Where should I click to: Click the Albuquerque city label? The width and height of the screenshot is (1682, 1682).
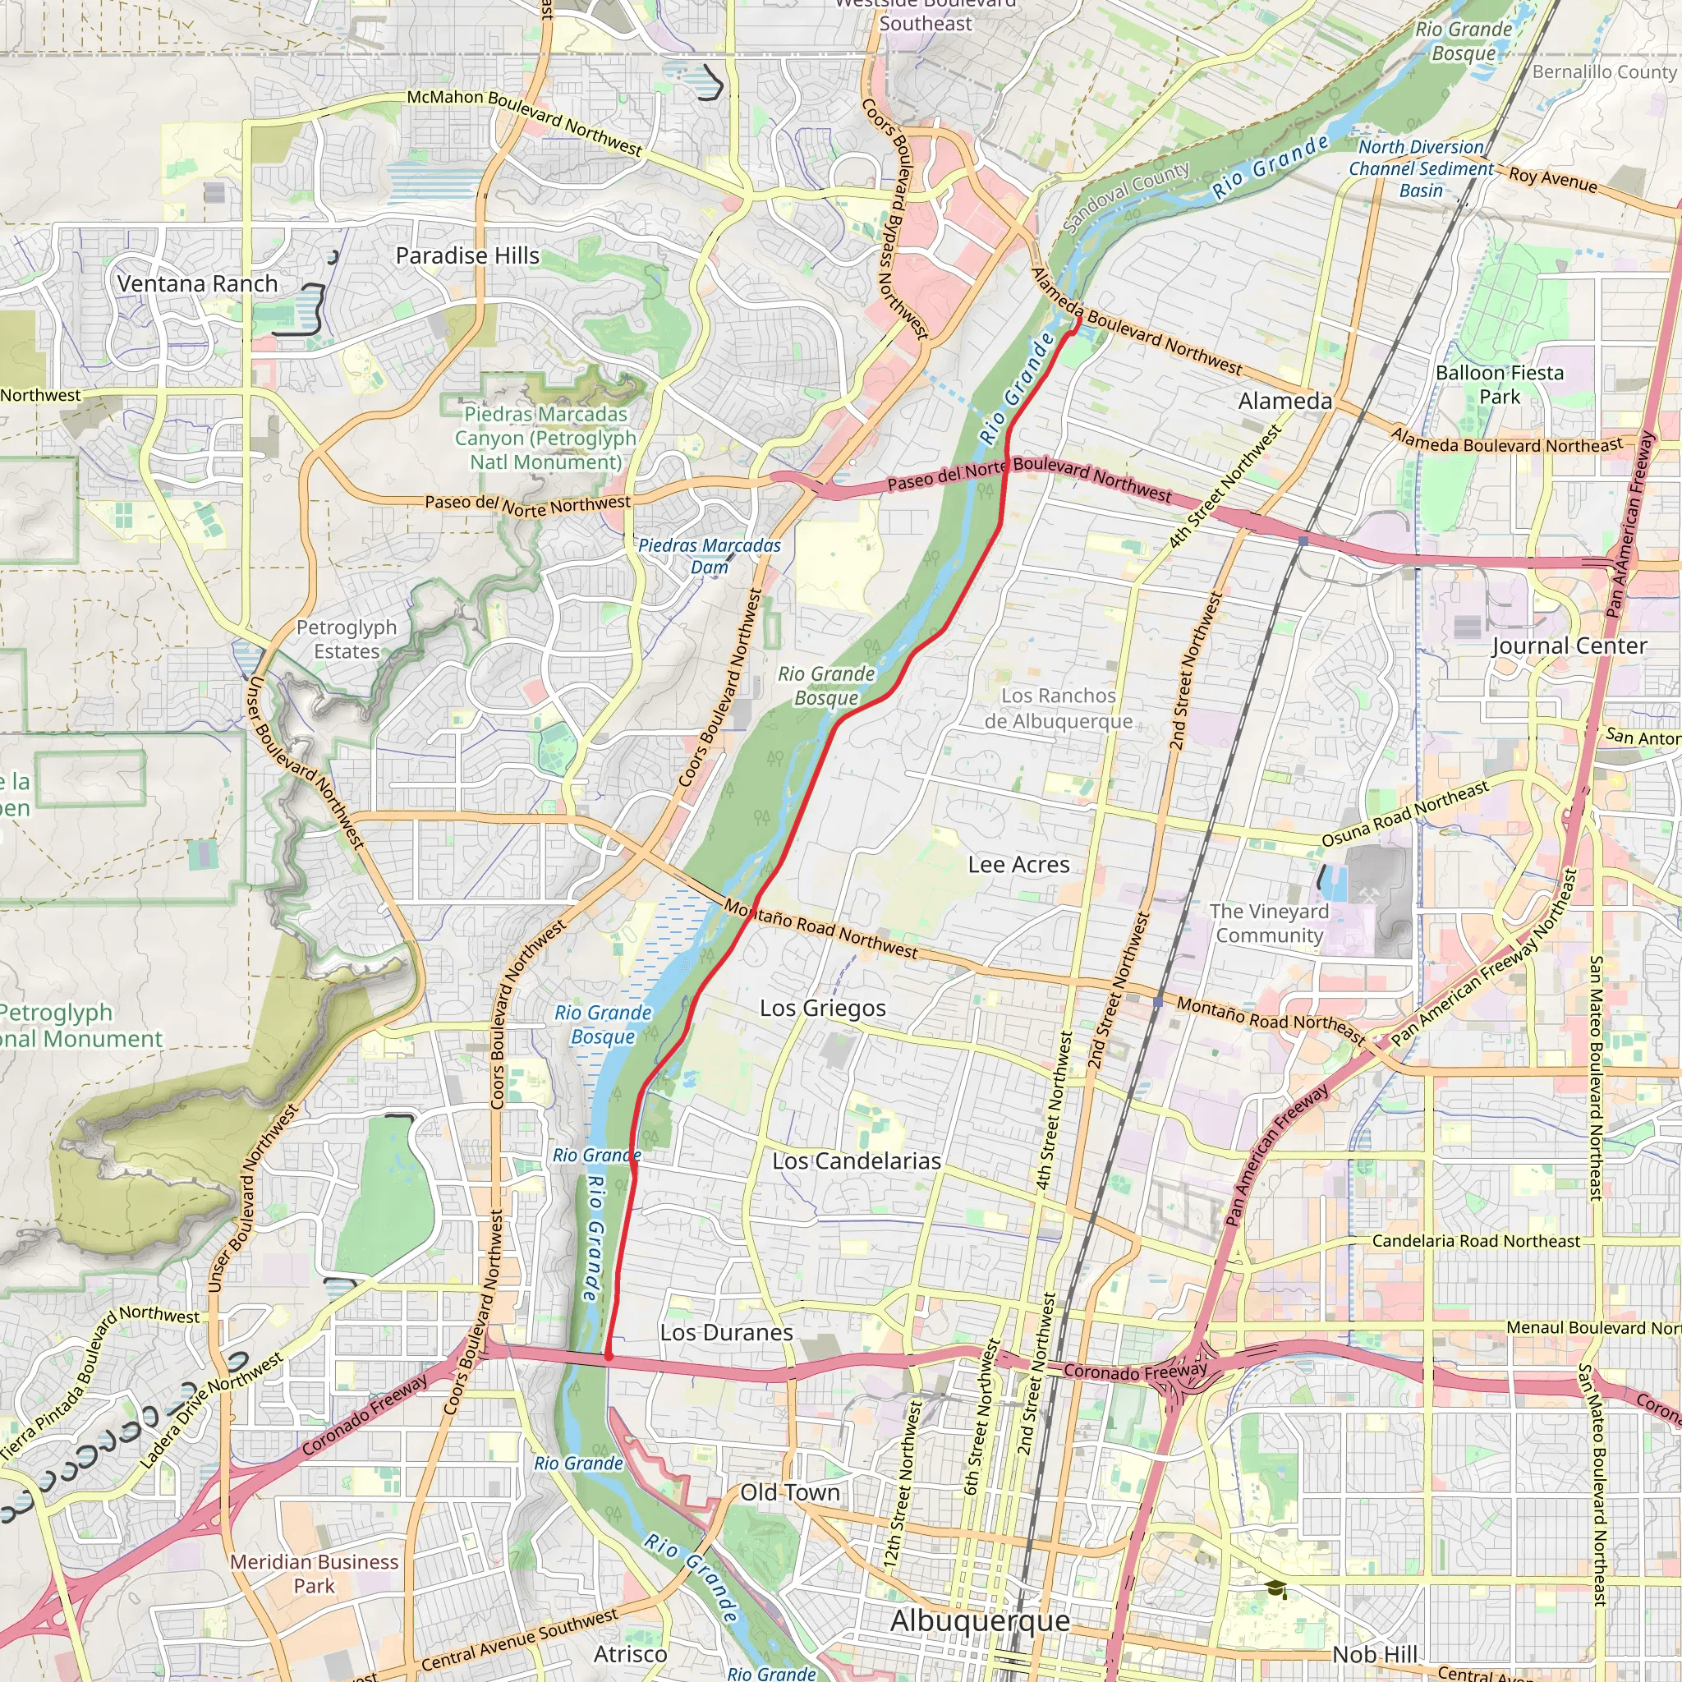pyautogui.click(x=980, y=1621)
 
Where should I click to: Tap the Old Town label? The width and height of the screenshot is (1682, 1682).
pyautogui.click(x=789, y=1492)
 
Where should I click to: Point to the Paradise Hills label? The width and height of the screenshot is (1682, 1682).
pyautogui.click(x=467, y=256)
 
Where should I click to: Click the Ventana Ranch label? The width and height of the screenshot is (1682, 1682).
pyautogui.click(x=198, y=284)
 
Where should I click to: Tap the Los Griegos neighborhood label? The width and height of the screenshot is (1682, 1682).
pyautogui.click(x=823, y=1009)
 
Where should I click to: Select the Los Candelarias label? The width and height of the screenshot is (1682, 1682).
pyautogui.click(x=857, y=1161)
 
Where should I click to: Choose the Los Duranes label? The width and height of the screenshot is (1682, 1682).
pyautogui.click(x=726, y=1333)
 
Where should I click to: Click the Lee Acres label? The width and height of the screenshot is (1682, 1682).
pyautogui.click(x=1018, y=865)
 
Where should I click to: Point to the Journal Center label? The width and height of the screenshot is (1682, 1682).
pyautogui.click(x=1569, y=646)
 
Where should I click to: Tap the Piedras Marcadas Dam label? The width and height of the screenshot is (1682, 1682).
pyautogui.click(x=710, y=556)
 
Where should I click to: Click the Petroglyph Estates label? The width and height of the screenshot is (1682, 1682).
pyautogui.click(x=347, y=639)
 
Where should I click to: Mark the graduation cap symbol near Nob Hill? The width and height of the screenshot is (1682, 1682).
pyautogui.click(x=1276, y=1588)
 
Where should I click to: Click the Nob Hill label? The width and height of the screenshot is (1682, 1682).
pyautogui.click(x=1375, y=1654)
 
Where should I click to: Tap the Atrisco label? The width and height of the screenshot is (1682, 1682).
pyautogui.click(x=630, y=1654)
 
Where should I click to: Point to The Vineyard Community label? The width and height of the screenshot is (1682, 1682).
pyautogui.click(x=1270, y=923)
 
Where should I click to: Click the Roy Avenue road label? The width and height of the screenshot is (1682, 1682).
pyautogui.click(x=1553, y=179)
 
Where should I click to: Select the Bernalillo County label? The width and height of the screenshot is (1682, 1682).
pyautogui.click(x=1604, y=72)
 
